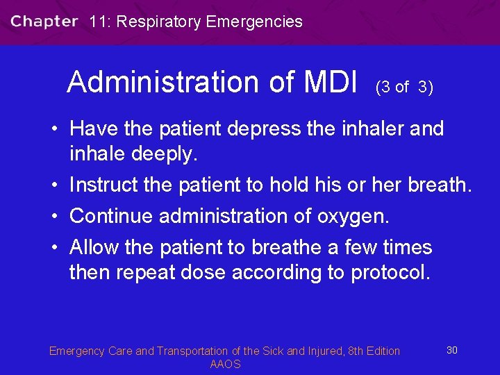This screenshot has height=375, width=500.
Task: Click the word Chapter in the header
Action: click(44, 22)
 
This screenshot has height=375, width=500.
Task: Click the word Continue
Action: click(112, 216)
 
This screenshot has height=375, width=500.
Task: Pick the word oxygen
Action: click(353, 217)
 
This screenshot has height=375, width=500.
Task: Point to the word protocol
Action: click(391, 272)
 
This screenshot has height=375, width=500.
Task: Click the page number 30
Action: click(451, 350)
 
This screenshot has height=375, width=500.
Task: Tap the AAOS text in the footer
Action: click(224, 365)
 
